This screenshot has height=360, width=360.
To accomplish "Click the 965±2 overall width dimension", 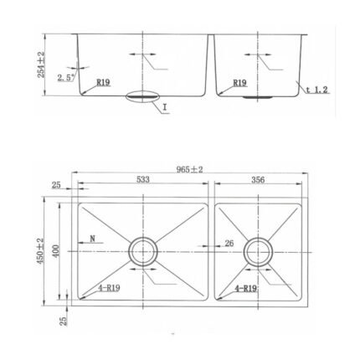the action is coord(189,169).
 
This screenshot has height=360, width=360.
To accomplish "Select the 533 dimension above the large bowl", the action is coord(143,179).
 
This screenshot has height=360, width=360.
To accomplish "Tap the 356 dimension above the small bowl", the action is coord(258,180).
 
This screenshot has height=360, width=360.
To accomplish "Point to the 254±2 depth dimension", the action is coord(41,64).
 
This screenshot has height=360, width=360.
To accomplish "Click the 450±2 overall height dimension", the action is coord(40,251).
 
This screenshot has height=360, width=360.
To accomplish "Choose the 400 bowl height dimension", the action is coord(56,251).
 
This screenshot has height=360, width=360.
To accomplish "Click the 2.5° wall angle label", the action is coord(66,78).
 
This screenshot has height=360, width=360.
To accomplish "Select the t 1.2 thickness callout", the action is coord(316,90).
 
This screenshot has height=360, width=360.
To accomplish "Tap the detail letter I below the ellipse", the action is coord(165,107).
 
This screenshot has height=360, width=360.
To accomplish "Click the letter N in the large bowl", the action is coord(93,239).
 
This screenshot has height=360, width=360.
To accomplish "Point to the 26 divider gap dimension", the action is coord(229,244).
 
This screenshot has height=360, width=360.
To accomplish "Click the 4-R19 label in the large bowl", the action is coord(109,288).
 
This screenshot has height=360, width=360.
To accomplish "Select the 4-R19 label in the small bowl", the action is coord(246,289).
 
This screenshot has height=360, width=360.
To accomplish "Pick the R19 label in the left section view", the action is coord(104,82).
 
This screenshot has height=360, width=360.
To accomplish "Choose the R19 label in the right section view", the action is coord(240,83).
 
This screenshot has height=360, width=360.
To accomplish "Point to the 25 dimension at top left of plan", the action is coord(56,185).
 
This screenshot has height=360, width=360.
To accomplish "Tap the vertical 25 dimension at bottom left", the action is coord(64,321).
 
